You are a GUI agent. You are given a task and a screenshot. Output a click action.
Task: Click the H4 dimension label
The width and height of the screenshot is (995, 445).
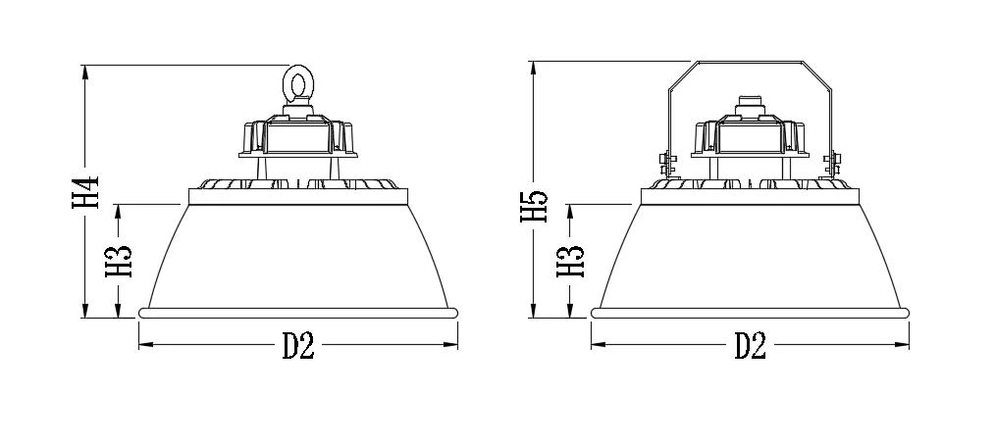[86, 192]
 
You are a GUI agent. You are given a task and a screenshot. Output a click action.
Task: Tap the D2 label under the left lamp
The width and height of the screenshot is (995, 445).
[298, 345]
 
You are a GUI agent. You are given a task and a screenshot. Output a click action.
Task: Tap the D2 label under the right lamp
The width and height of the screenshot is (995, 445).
[750, 345]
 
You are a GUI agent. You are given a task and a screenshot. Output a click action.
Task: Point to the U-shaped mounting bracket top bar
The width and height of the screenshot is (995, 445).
[750, 63]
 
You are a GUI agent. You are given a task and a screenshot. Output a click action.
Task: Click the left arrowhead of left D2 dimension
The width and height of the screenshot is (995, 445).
[143, 345]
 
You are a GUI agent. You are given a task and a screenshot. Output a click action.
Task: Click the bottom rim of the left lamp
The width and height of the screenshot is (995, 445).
[298, 313]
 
